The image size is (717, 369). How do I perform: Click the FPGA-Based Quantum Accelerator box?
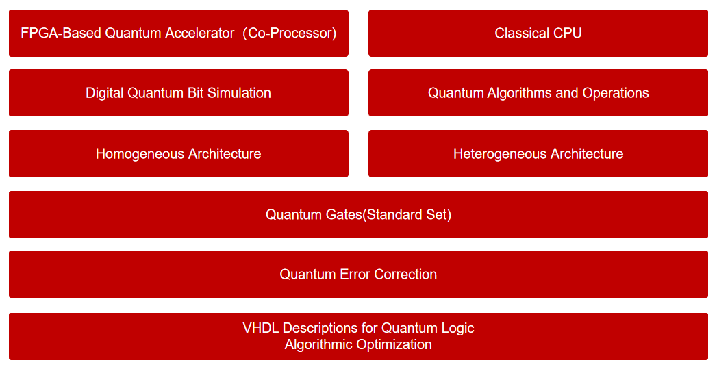coord(178,33)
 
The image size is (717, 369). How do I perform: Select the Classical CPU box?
coord(538,33)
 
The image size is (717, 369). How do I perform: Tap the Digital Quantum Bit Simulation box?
coord(178,93)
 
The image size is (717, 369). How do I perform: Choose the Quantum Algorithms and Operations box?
coord(538,93)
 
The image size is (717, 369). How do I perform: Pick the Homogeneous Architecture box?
coord(178,153)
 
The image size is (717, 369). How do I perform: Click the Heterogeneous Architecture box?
coord(538,153)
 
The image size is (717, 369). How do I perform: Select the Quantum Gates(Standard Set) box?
coord(359,214)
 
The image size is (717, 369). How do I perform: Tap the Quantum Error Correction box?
coord(359,275)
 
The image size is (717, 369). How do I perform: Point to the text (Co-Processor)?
coord(290,34)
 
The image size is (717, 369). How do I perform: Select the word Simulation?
coord(239,93)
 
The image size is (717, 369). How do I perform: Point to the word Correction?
coord(405,275)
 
